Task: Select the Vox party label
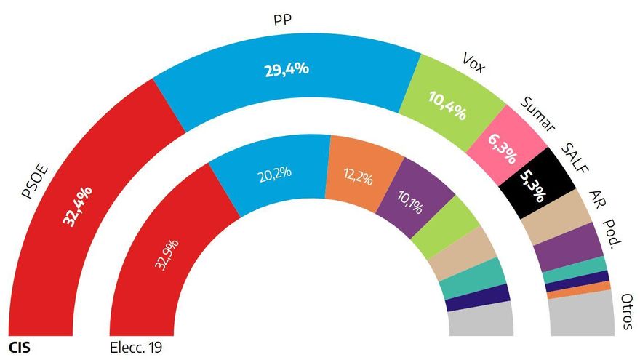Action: [x=473, y=63]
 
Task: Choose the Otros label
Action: [x=625, y=312]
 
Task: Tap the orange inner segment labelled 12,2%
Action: [x=359, y=177]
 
